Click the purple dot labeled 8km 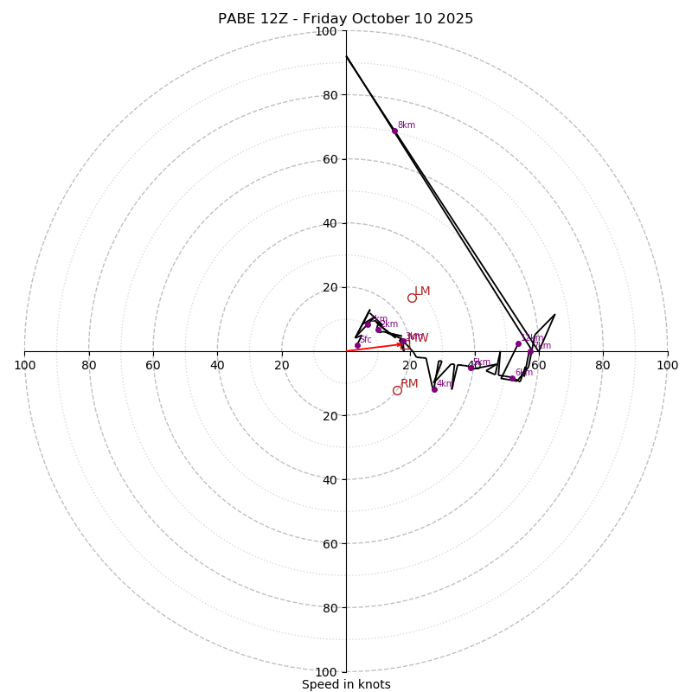pyautogui.click(x=394, y=131)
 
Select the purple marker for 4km pyautogui.click(x=434, y=389)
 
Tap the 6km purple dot pyautogui.click(x=512, y=378)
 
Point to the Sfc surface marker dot pyautogui.click(x=357, y=345)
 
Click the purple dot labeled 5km pyautogui.click(x=471, y=368)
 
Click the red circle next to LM pyautogui.click(x=412, y=298)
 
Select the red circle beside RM pyautogui.click(x=397, y=390)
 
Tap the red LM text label pyautogui.click(x=422, y=292)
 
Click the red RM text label pyautogui.click(x=409, y=384)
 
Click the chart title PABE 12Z pyautogui.click(x=346, y=19)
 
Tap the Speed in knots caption pyautogui.click(x=346, y=685)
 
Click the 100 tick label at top pyautogui.click(x=326, y=31)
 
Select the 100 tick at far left pyautogui.click(x=24, y=365)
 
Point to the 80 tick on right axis pyautogui.click(x=603, y=365)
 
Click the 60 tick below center pyautogui.click(x=326, y=544)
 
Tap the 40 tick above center pyautogui.click(x=326, y=223)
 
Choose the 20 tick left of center pyautogui.click(x=282, y=365)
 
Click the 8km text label pyautogui.click(x=407, y=125)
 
